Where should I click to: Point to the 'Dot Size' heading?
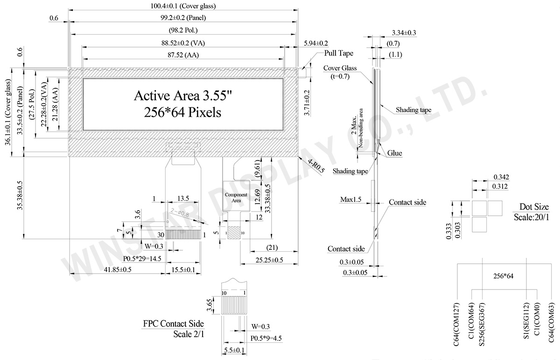tap(534, 207)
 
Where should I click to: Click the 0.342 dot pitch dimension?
tap(500, 177)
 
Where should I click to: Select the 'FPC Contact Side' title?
tap(174, 324)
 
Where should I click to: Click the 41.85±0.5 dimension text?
tap(112, 269)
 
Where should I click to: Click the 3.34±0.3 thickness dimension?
tap(404, 33)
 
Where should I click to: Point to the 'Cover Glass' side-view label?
tap(340, 68)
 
